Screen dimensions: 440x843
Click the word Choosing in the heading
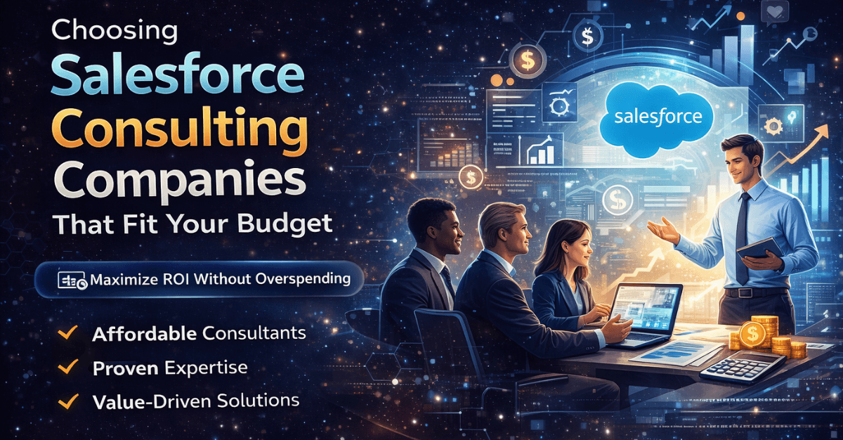coord(115,31)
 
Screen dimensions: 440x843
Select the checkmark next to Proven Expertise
coord(68,368)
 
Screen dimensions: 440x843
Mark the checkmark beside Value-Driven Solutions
coord(68,401)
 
